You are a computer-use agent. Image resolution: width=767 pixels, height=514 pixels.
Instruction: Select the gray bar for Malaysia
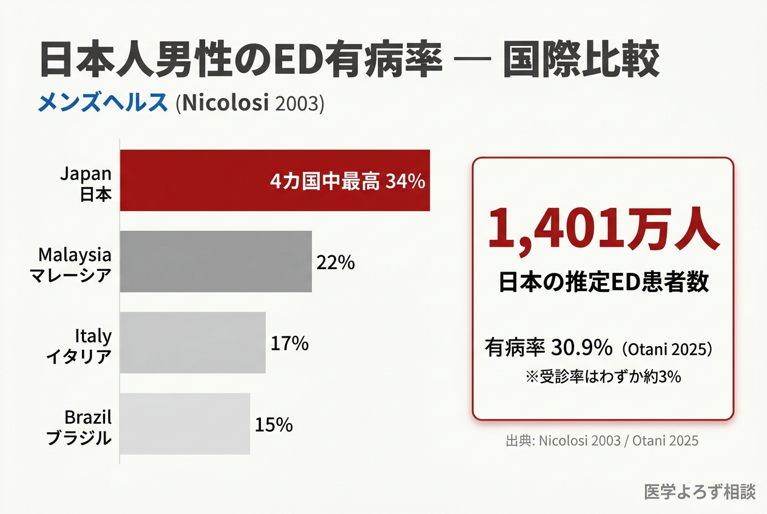[215, 261]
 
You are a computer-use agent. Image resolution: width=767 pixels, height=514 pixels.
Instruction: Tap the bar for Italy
[192, 342]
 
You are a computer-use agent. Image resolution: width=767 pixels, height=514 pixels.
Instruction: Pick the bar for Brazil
[184, 424]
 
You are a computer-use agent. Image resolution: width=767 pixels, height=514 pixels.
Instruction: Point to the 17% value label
[289, 344]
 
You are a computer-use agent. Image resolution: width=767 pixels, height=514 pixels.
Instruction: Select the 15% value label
[274, 425]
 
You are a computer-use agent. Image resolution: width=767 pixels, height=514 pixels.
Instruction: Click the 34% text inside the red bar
[405, 181]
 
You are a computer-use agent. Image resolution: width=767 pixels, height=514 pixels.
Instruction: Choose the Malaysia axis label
[75, 264]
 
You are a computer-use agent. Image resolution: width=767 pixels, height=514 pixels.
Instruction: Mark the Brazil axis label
[79, 427]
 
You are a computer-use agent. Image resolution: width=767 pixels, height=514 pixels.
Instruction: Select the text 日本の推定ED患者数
[603, 283]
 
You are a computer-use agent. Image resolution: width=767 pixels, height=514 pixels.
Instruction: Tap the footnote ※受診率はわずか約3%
[603, 376]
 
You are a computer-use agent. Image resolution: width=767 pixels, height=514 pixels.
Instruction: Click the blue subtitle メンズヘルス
[102, 102]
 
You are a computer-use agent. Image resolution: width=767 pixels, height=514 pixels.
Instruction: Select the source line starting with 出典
[602, 441]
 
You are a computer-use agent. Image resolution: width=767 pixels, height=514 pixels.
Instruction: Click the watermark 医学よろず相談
[700, 492]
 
